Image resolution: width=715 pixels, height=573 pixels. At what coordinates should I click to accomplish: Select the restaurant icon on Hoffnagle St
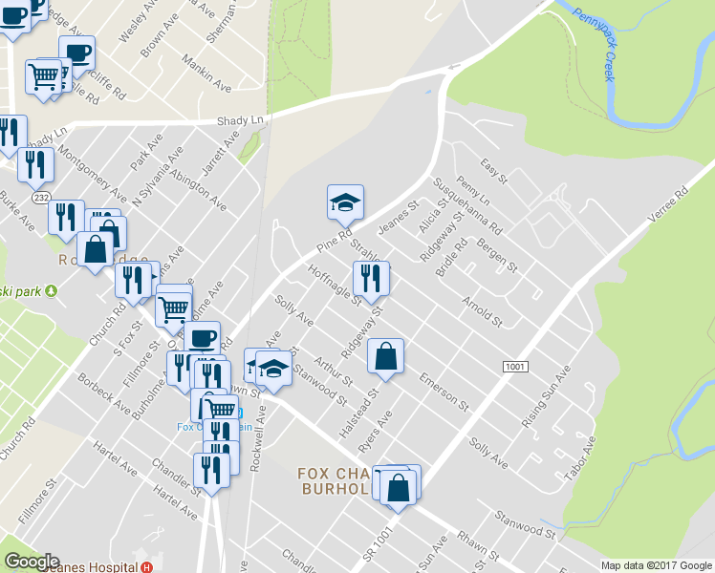(370, 279)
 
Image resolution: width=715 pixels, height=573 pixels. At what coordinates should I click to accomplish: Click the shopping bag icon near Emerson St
(384, 356)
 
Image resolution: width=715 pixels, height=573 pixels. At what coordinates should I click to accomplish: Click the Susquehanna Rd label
(467, 205)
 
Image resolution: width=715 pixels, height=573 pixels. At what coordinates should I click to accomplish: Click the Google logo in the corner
(32, 562)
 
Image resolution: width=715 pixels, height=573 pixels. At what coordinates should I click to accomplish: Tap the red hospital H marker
(146, 566)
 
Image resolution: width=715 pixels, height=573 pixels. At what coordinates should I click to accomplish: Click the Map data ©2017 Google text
(657, 565)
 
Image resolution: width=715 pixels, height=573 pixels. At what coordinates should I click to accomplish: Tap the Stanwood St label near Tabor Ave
(524, 523)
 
